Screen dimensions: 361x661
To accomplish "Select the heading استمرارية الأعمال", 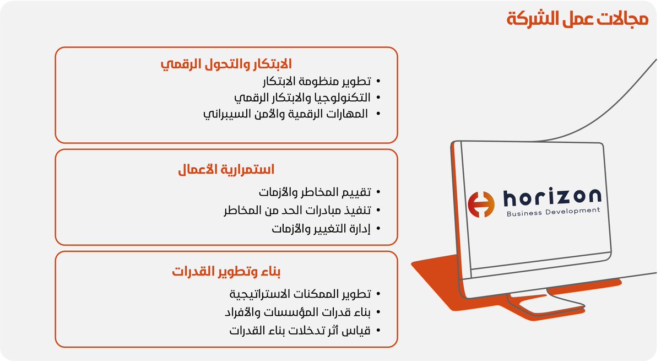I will coord(226,169).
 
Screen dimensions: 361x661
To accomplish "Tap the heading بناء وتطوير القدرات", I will coord(226,272).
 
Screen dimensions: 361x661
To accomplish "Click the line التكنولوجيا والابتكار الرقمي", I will coord(302,98).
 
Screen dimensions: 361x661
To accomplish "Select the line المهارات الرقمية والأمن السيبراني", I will coord(287,114).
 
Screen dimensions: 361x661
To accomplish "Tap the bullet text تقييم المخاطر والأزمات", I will coord(315,193).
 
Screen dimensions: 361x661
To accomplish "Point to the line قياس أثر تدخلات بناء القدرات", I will coord(300,331).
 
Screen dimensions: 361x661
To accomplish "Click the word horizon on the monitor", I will coord(551,197).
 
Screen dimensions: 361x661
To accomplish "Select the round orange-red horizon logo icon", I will coord(481,204).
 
